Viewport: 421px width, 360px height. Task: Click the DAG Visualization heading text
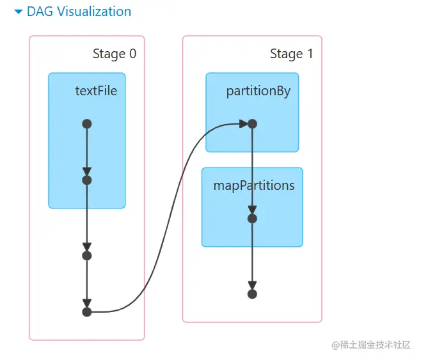click(x=79, y=12)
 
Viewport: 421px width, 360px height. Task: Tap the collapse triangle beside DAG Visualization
click(x=18, y=12)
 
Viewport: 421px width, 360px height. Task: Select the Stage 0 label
click(x=114, y=54)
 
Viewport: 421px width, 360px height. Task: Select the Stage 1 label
click(x=291, y=54)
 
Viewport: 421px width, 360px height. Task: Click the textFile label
click(x=96, y=91)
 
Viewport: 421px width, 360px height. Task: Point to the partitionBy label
click(x=258, y=91)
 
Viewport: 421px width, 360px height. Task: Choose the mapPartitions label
click(x=254, y=185)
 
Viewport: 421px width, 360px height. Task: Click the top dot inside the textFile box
click(x=87, y=124)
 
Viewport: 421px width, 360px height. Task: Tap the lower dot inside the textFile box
click(x=87, y=180)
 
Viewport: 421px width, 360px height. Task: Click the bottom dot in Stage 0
click(x=87, y=312)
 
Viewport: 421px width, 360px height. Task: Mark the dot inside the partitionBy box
click(x=252, y=124)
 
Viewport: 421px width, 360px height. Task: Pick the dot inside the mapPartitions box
click(x=252, y=219)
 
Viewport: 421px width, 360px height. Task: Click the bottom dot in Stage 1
click(x=252, y=294)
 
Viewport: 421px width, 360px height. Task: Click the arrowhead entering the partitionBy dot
click(x=243, y=124)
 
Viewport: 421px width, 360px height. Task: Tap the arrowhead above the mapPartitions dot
click(x=252, y=210)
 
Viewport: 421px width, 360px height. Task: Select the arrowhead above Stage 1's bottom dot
click(x=252, y=285)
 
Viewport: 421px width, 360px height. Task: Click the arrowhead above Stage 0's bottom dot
click(x=87, y=303)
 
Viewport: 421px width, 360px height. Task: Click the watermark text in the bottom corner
click(x=371, y=345)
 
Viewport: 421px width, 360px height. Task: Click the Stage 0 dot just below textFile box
click(x=87, y=256)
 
